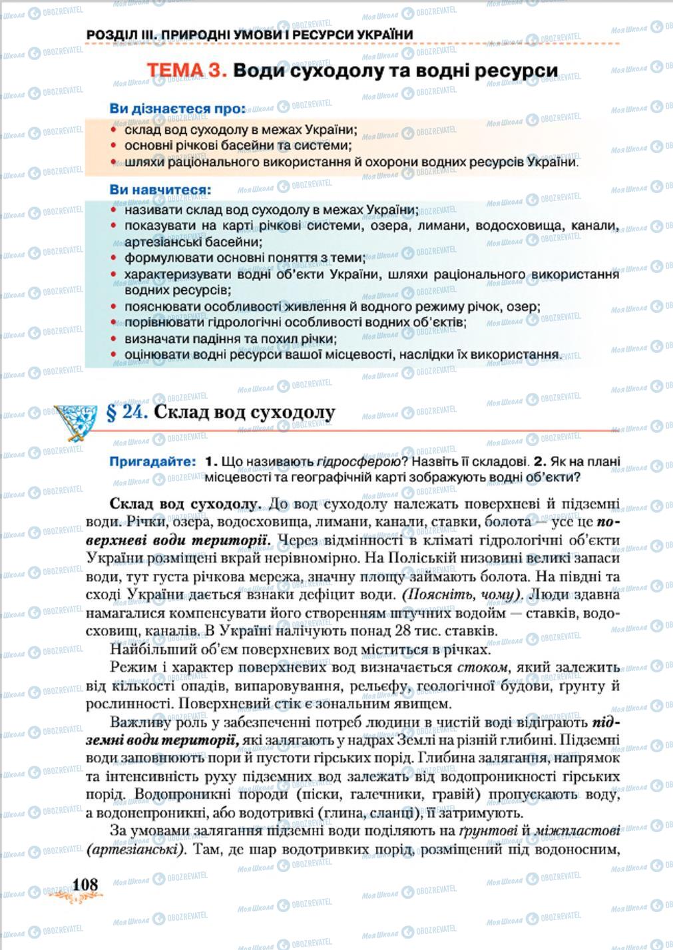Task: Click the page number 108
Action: click(85, 884)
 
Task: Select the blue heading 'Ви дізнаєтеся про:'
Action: click(177, 109)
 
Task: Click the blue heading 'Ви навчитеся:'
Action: click(160, 190)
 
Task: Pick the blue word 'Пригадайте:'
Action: click(153, 461)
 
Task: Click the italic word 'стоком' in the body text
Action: click(483, 667)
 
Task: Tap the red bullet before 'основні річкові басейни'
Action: click(114, 146)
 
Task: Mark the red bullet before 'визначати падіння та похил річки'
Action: click(114, 340)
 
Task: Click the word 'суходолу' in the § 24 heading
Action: click(292, 412)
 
